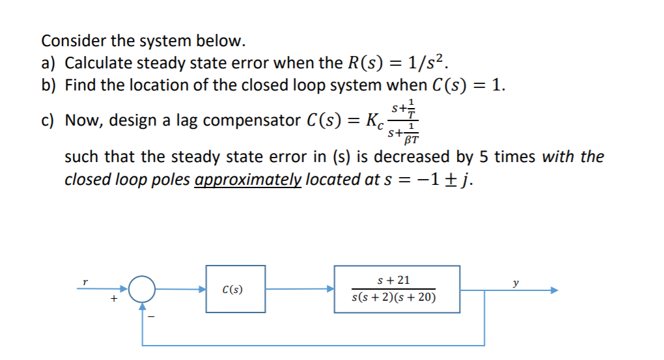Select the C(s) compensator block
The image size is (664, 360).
[236, 289]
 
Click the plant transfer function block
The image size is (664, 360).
[396, 289]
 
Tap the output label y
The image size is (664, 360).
[516, 283]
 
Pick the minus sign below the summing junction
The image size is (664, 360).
[150, 317]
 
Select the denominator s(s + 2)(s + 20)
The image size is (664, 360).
[394, 298]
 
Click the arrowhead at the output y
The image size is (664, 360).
[554, 290]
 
